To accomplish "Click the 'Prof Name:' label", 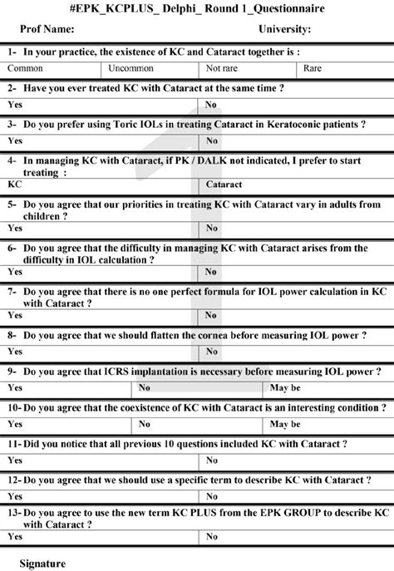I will (x=47, y=29).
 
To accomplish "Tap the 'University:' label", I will (x=285, y=29).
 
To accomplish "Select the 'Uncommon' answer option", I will (x=131, y=68).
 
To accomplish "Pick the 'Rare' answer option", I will (x=313, y=68).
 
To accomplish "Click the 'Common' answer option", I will (x=26, y=68).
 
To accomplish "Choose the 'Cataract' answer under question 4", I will (x=224, y=184).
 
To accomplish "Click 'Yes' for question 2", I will (x=15, y=105).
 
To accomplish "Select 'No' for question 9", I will (x=145, y=387).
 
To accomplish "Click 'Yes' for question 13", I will (x=15, y=537).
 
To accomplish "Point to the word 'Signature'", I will (x=42, y=563).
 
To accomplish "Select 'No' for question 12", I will (x=212, y=497).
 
